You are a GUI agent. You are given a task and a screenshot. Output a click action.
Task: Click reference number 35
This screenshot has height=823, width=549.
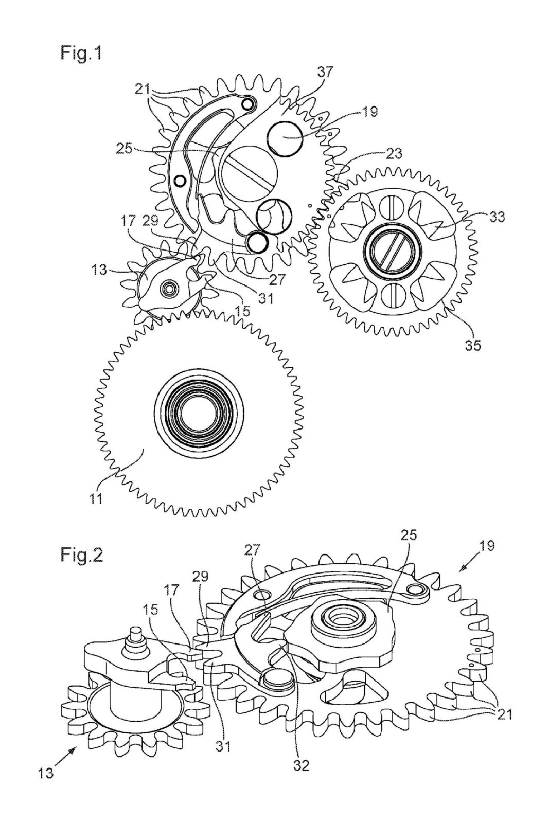[x=472, y=346]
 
